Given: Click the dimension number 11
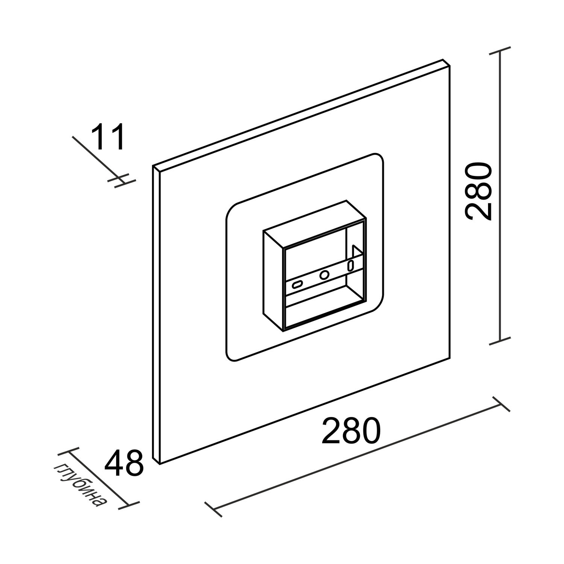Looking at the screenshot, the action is pyautogui.click(x=108, y=136).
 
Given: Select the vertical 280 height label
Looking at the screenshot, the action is pyautogui.click(x=478, y=191).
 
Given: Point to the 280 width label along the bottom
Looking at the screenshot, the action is pyautogui.click(x=351, y=429).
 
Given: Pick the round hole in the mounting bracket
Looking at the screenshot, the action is pyautogui.click(x=324, y=275).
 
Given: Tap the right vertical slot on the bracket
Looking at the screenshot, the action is pyautogui.click(x=350, y=265).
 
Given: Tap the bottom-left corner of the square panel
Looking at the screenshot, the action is pyautogui.click(x=160, y=464).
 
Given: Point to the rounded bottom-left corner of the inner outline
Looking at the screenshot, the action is pyautogui.click(x=230, y=356).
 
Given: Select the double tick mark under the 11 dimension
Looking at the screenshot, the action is pyautogui.click(x=121, y=180).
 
